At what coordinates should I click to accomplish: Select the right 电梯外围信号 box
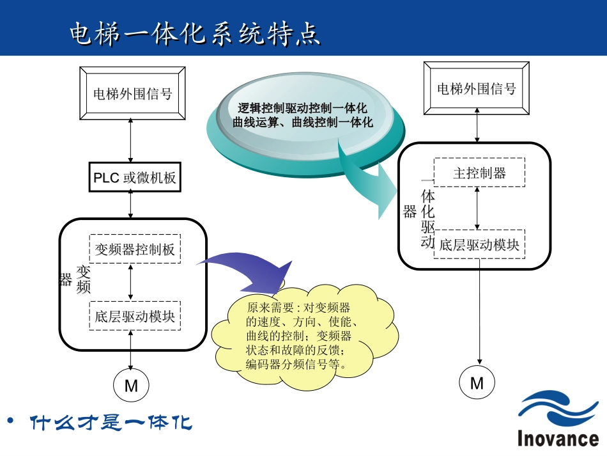point(477,88)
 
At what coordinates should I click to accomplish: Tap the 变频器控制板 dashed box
point(135,249)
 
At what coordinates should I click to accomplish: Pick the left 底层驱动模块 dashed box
point(135,315)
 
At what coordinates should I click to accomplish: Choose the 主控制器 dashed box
point(479,173)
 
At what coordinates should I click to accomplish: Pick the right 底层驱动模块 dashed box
point(479,244)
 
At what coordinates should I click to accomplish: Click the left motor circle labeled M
point(131,386)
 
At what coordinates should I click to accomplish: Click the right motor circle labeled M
point(477,383)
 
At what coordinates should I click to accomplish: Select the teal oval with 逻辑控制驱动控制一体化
point(303,115)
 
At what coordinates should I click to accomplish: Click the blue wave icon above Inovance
point(558,409)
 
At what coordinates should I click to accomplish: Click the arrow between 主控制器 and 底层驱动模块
point(478,208)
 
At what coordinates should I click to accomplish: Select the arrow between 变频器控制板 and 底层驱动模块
point(131,282)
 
